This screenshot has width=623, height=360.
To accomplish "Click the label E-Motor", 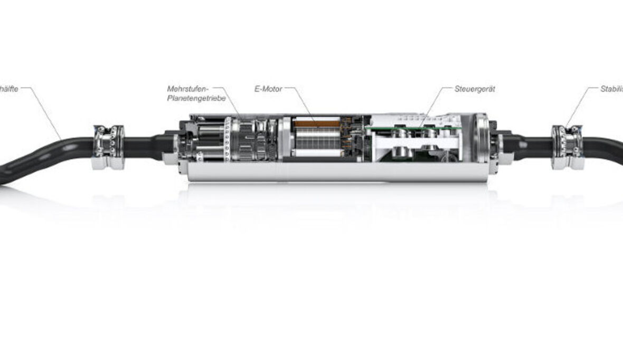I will pyautogui.click(x=268, y=89).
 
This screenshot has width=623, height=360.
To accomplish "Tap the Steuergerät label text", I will pyautogui.click(x=474, y=89).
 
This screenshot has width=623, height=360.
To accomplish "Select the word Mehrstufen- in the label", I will pyautogui.click(x=188, y=89).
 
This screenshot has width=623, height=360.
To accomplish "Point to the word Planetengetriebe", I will pyautogui.click(x=196, y=98).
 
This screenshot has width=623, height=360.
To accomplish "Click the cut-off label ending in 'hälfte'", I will pyautogui.click(x=9, y=89).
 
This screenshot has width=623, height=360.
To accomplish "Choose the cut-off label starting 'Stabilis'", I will pyautogui.click(x=611, y=89).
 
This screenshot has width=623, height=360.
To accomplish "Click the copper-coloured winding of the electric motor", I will pyautogui.click(x=316, y=124).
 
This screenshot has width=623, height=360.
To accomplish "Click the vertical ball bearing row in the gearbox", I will pyautogui.click(x=228, y=139).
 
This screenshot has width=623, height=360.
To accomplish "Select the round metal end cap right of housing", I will pyautogui.click(x=482, y=143).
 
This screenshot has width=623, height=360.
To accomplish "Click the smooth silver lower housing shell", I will pyautogui.click(x=338, y=172).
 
